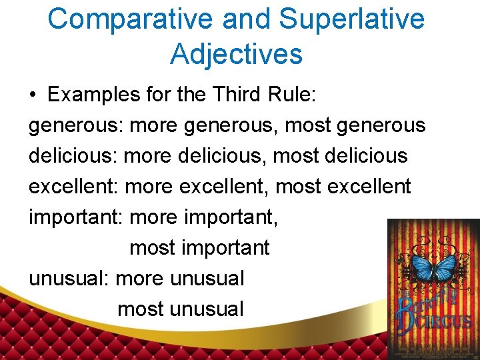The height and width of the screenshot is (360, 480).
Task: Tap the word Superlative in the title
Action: [x=352, y=19]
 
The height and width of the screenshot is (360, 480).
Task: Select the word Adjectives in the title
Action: [x=237, y=53]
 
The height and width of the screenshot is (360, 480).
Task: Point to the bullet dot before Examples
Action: [x=33, y=95]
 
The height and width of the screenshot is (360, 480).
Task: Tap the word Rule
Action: [x=290, y=95]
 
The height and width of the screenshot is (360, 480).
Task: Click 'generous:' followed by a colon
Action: [x=76, y=125]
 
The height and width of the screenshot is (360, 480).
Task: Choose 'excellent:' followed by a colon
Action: [x=73, y=186]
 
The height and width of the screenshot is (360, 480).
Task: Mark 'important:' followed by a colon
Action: [x=76, y=217]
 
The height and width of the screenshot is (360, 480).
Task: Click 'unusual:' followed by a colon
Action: [x=69, y=279]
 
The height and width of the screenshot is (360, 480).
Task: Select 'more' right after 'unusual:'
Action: [x=139, y=279]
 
